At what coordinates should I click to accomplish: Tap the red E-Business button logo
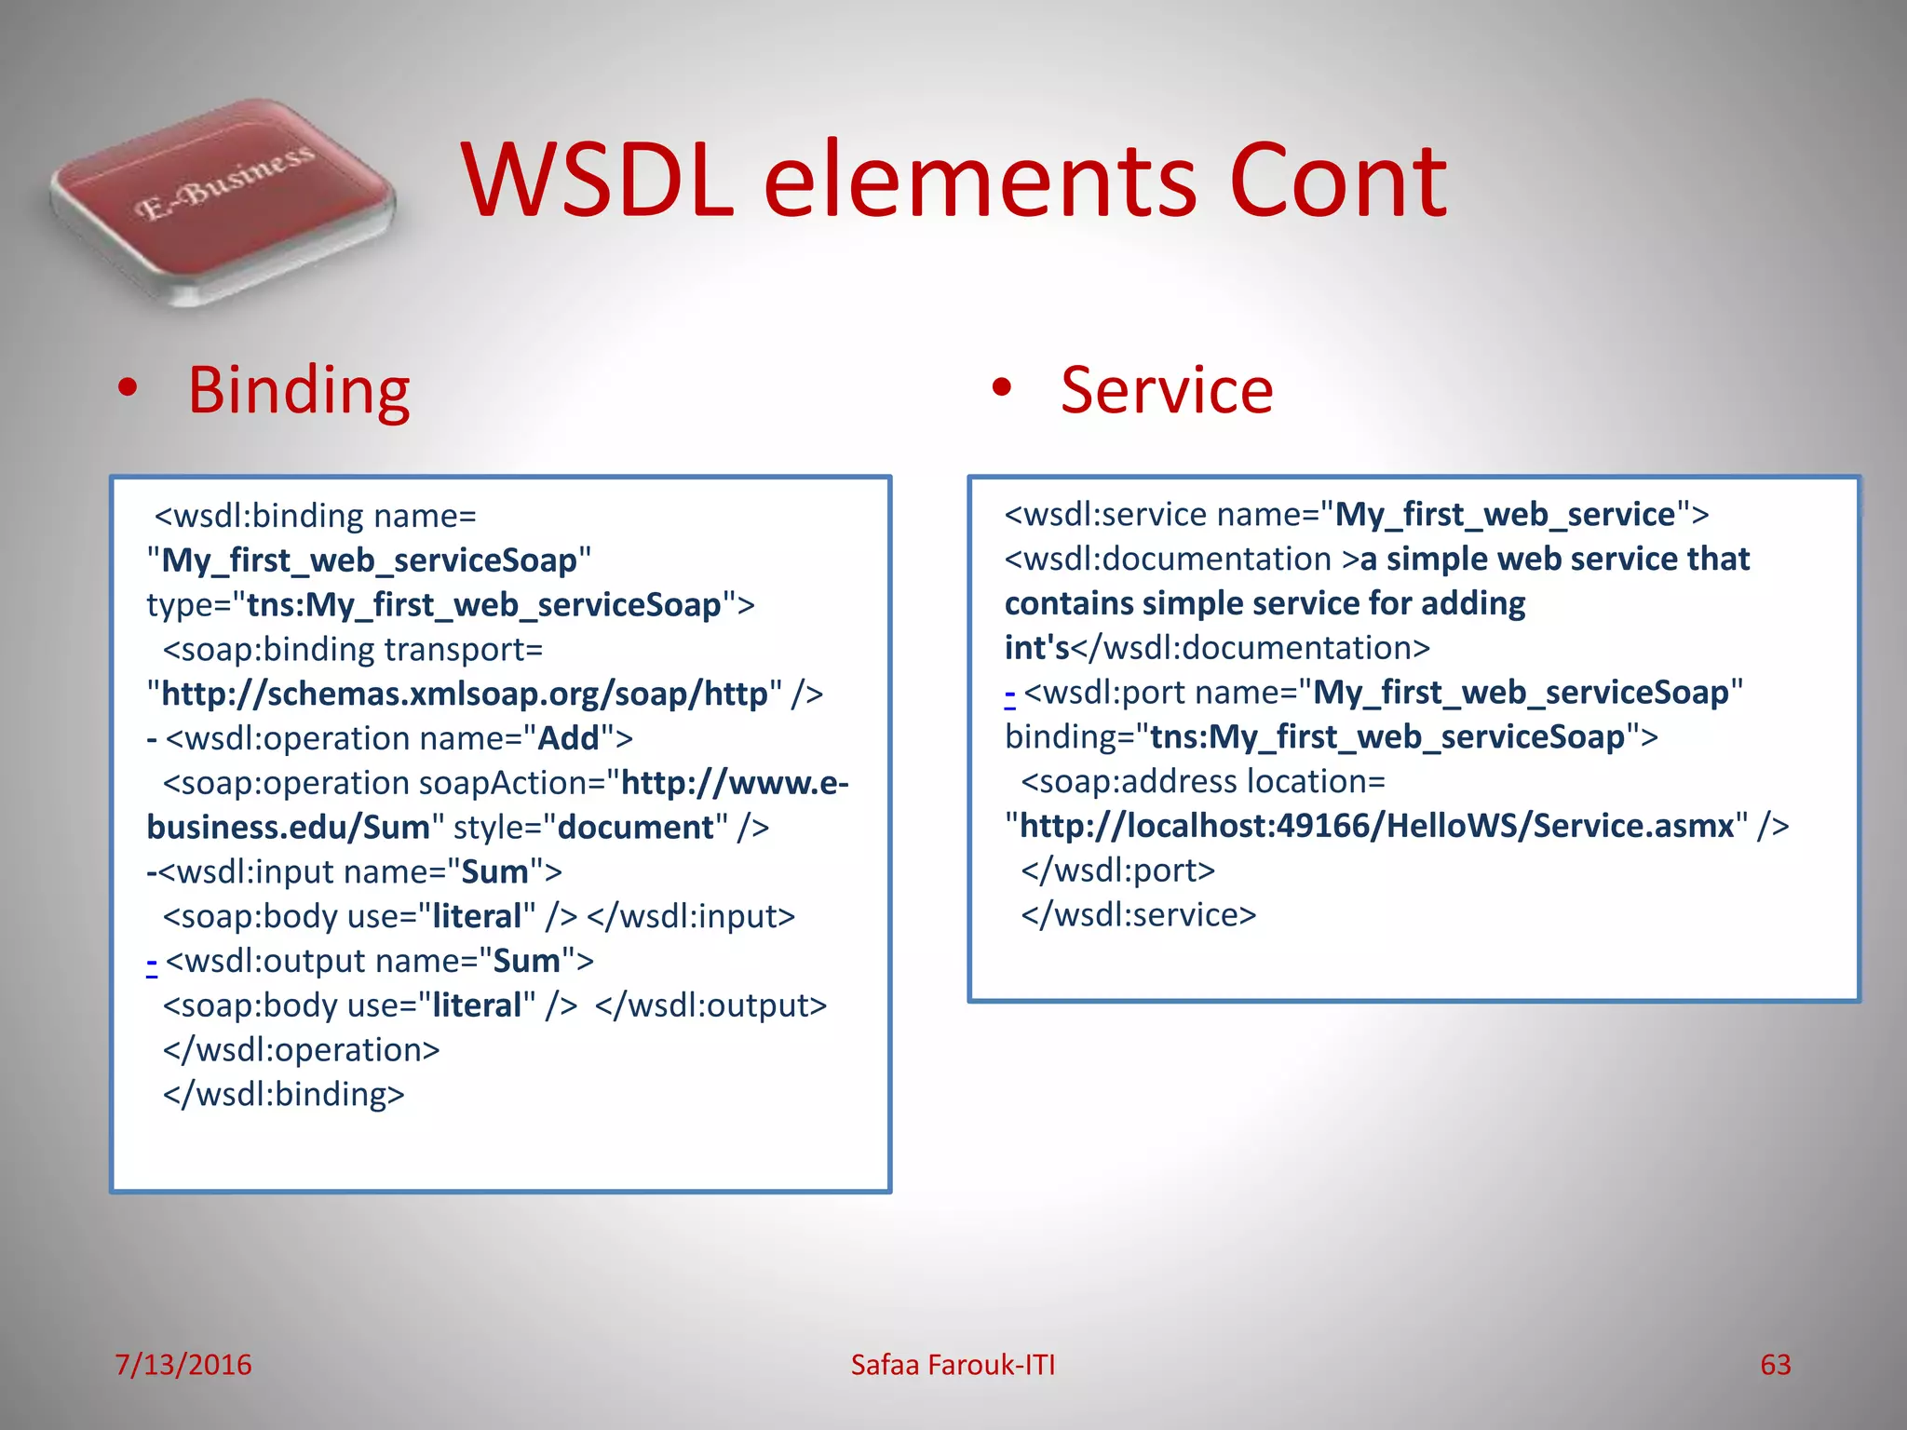(x=223, y=200)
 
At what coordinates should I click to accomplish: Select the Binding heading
(x=298, y=391)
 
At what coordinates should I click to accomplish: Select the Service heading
(x=1166, y=391)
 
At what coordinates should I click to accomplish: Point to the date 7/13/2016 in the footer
(x=183, y=1365)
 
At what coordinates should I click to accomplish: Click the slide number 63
(x=1775, y=1365)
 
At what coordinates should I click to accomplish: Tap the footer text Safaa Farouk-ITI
(x=953, y=1365)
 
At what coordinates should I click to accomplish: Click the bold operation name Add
(x=568, y=739)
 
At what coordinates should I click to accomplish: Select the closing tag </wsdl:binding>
(x=284, y=1095)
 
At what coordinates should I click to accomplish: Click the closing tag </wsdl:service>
(x=1138, y=915)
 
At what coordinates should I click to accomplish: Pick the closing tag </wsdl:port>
(x=1117, y=870)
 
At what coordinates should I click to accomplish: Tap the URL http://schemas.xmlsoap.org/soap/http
(x=464, y=695)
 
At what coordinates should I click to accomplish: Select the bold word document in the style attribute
(x=635, y=828)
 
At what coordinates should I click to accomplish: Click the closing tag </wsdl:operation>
(x=301, y=1050)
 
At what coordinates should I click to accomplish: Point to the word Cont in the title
(x=1337, y=182)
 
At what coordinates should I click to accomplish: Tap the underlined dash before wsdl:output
(x=152, y=962)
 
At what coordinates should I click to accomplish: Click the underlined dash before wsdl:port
(x=1010, y=694)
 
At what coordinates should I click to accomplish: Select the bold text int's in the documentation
(x=1036, y=649)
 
